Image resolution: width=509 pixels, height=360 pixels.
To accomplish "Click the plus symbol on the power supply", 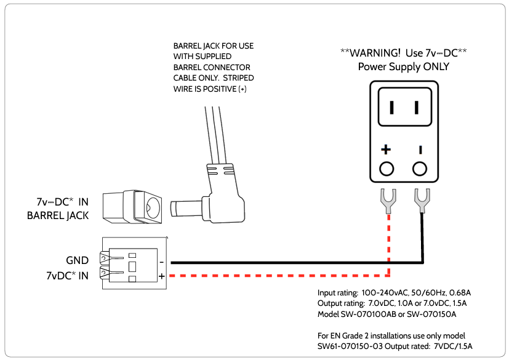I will (x=386, y=150).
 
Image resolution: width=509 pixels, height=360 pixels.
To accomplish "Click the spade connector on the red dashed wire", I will (x=388, y=199).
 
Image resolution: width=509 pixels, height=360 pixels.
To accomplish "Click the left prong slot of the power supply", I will (x=391, y=108).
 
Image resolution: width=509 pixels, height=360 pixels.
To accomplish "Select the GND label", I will (x=77, y=260).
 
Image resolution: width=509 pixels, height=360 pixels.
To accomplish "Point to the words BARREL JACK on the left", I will (x=58, y=215).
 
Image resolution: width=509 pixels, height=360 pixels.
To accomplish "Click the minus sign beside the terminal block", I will (x=161, y=262).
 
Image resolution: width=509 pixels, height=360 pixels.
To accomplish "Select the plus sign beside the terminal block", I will (x=161, y=277).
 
